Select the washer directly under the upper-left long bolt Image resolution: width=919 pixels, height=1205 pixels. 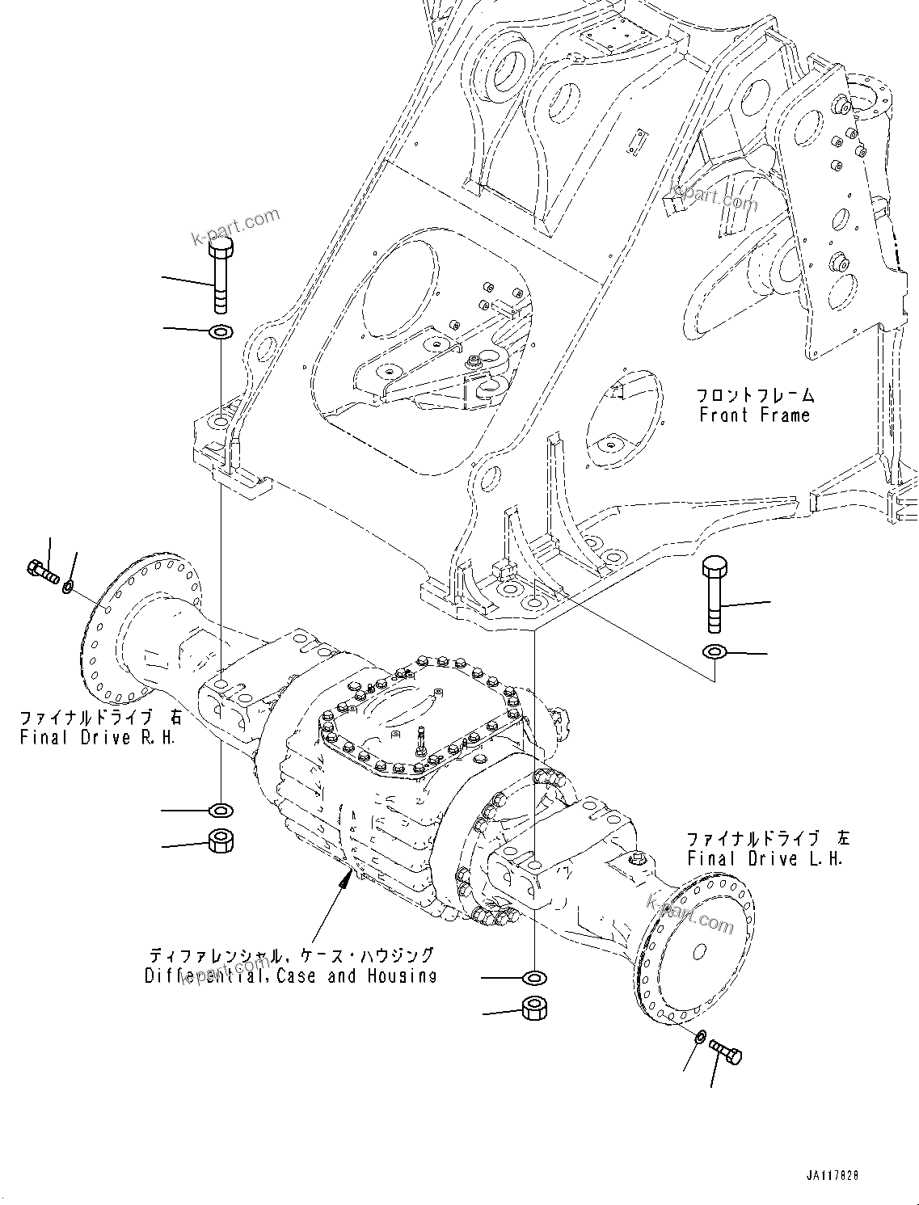click(220, 331)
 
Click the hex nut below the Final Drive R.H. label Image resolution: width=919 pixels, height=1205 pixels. click(220, 841)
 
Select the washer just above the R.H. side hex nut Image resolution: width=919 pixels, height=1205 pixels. click(220, 809)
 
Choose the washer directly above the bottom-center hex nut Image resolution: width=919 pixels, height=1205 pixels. click(533, 979)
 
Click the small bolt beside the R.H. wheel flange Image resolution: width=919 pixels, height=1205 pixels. click(43, 572)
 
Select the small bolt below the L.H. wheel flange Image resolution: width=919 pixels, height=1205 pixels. click(725, 1052)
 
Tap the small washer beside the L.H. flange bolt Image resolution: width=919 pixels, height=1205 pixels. click(700, 1037)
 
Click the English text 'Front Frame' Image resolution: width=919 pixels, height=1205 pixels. click(754, 415)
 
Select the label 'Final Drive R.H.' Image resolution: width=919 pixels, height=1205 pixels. click(97, 737)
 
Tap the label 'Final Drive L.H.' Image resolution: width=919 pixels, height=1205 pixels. click(765, 858)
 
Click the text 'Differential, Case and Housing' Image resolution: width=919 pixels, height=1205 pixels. click(290, 975)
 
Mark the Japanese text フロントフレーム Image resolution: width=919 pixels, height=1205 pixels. click(756, 395)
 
